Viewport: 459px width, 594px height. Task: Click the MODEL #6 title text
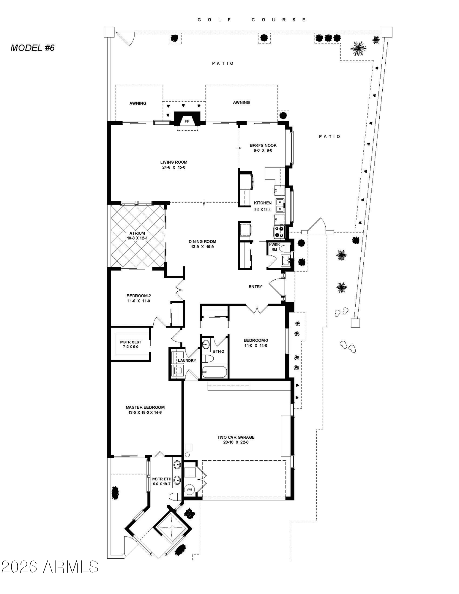[x=33, y=48]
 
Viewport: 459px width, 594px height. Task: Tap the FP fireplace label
[x=187, y=121]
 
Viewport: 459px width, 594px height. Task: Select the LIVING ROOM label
[x=174, y=162]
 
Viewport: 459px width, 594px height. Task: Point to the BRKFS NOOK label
[x=263, y=145]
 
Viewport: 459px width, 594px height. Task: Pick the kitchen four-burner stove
[x=280, y=232]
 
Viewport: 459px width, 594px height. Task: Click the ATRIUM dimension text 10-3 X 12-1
[x=137, y=238]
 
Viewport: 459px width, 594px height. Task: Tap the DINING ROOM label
[x=202, y=241]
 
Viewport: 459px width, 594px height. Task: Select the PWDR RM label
[x=274, y=247]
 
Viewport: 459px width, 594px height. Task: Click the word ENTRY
[x=255, y=287]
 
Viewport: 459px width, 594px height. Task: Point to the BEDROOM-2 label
[x=139, y=296]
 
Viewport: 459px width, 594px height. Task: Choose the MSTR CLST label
[x=131, y=342]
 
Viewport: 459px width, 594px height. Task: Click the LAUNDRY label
[x=187, y=361]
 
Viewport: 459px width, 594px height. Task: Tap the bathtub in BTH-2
[x=214, y=372]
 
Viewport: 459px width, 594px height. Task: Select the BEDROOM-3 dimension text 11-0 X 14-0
[x=255, y=345]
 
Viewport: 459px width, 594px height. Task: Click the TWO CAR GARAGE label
[x=236, y=437]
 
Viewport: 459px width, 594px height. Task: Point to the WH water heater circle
[x=189, y=489]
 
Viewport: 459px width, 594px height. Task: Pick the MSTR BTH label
[x=162, y=479]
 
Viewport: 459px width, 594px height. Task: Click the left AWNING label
[x=138, y=103]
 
